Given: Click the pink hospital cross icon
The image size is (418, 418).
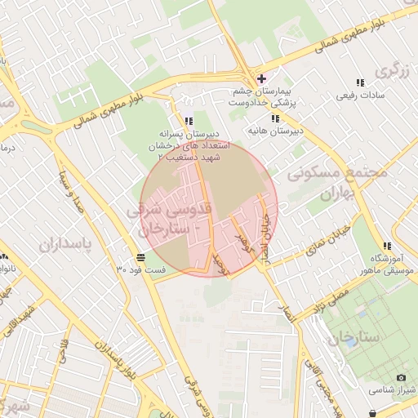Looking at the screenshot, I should tap(260, 78).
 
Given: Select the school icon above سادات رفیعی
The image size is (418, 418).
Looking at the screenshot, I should tap(360, 82).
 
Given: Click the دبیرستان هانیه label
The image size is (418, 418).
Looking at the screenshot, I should tap(277, 130).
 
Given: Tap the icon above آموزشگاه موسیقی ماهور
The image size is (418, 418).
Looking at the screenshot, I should tap(387, 246).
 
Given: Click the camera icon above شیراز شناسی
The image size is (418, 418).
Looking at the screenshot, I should tap(401, 377).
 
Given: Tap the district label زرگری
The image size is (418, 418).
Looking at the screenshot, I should tap(391, 71).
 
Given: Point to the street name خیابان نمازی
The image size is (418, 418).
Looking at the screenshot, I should tap(331, 237).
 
